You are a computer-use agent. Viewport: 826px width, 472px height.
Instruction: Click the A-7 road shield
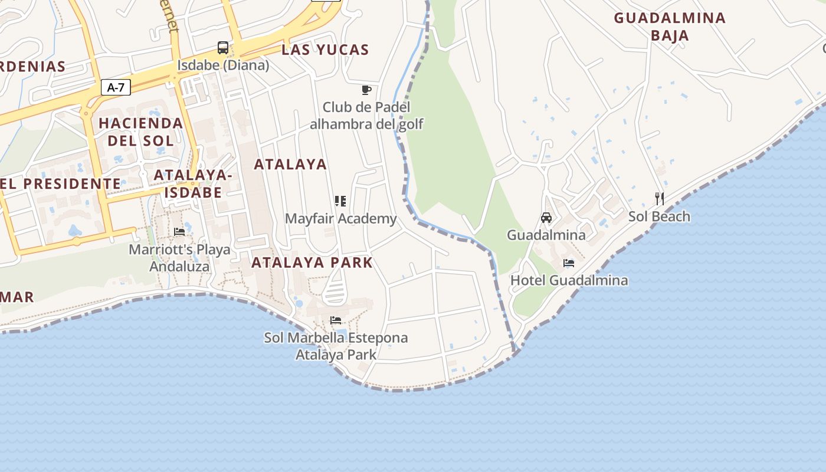pyautogui.click(x=116, y=88)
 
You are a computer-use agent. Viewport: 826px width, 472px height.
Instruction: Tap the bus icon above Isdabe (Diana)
pyautogui.click(x=223, y=48)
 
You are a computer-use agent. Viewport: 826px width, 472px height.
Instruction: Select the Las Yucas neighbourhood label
pyautogui.click(x=325, y=50)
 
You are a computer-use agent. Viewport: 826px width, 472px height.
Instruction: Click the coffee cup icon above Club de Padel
pyautogui.click(x=366, y=90)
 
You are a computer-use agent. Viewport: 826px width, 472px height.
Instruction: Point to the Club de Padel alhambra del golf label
pyautogui.click(x=366, y=116)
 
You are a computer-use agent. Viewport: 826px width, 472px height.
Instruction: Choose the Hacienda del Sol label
pyautogui.click(x=140, y=132)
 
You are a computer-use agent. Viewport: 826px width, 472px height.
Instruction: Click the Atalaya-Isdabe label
pyautogui.click(x=193, y=183)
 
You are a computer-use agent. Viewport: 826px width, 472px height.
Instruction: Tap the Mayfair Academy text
pyautogui.click(x=341, y=219)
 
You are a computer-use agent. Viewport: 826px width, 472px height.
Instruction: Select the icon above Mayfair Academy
pyautogui.click(x=340, y=201)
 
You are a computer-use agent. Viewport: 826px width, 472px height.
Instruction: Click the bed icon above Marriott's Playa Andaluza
pyautogui.click(x=179, y=232)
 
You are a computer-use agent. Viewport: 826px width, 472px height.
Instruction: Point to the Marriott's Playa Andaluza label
pyautogui.click(x=179, y=258)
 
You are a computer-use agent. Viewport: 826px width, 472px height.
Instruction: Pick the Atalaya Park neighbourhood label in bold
pyautogui.click(x=312, y=263)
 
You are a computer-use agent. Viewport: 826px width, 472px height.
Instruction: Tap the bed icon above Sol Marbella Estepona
pyautogui.click(x=336, y=320)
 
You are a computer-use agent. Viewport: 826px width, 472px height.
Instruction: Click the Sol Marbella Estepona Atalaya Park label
pyautogui.click(x=336, y=346)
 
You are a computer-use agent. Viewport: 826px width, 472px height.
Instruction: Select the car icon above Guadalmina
pyautogui.click(x=546, y=218)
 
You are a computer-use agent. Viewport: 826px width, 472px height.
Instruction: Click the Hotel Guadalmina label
pyautogui.click(x=569, y=280)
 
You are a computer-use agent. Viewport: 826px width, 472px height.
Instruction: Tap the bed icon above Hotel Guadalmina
pyautogui.click(x=569, y=263)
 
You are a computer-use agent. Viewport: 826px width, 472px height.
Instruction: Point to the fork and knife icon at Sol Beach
pyautogui.click(x=660, y=199)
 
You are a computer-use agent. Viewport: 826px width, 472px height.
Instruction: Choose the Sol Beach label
pyautogui.click(x=659, y=217)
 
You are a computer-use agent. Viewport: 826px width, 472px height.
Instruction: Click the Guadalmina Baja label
pyautogui.click(x=670, y=27)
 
